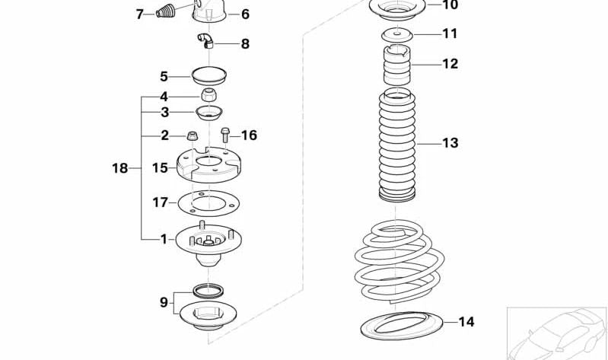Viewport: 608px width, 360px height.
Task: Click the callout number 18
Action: (120, 168)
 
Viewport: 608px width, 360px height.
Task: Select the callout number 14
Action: (466, 322)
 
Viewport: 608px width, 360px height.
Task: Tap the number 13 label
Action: (450, 143)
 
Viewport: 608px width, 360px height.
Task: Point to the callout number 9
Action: (164, 302)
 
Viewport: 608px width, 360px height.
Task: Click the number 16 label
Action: (249, 135)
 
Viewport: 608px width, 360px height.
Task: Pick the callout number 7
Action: (139, 14)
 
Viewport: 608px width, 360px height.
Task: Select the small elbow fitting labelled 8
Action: (205, 41)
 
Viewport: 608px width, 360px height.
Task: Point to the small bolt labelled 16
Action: (226, 135)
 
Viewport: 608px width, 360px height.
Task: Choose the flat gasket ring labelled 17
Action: (205, 203)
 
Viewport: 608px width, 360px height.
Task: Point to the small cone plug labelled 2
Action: (193, 137)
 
